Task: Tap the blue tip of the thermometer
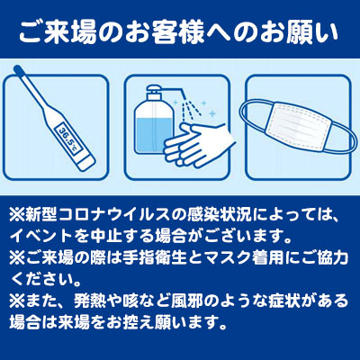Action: pos(19,71)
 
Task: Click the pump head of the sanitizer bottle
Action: pos(162,91)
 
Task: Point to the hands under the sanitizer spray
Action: pos(198,146)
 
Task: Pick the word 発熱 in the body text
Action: pos(90,301)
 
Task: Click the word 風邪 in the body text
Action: pos(186,301)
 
